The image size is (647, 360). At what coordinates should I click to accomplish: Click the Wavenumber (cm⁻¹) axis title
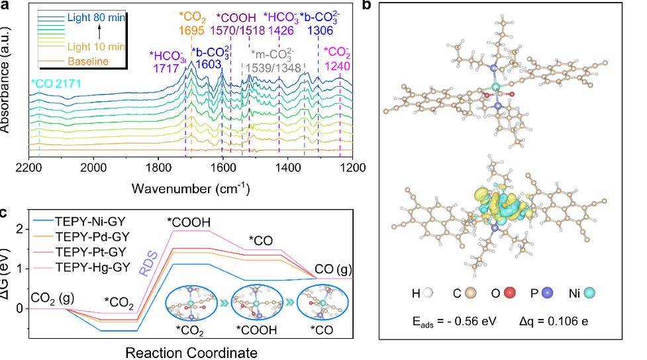pyautogui.click(x=190, y=189)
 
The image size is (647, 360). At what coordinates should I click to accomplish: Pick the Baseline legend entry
pyautogui.click(x=87, y=62)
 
